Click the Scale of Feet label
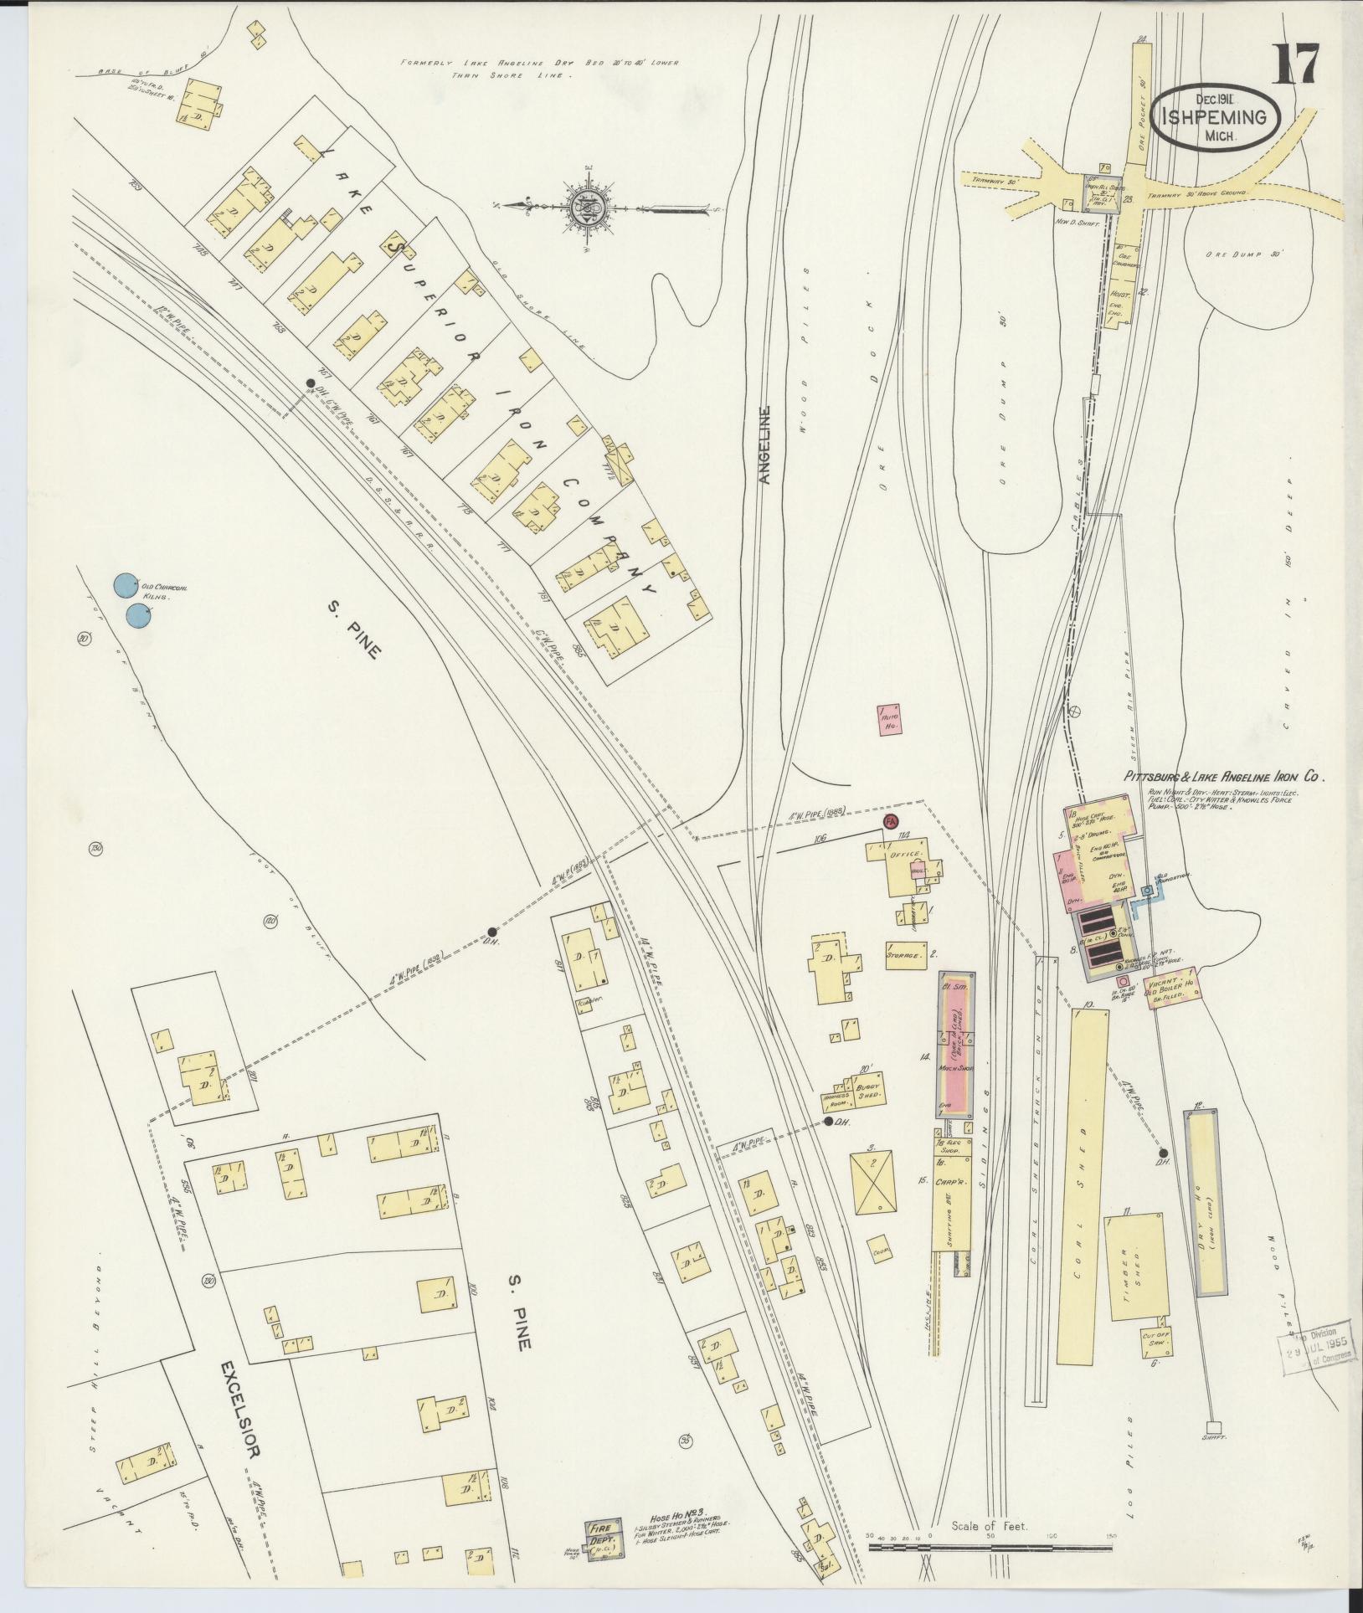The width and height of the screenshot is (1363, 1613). pos(989,1526)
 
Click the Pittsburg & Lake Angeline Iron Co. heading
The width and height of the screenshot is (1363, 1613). pos(1222,777)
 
